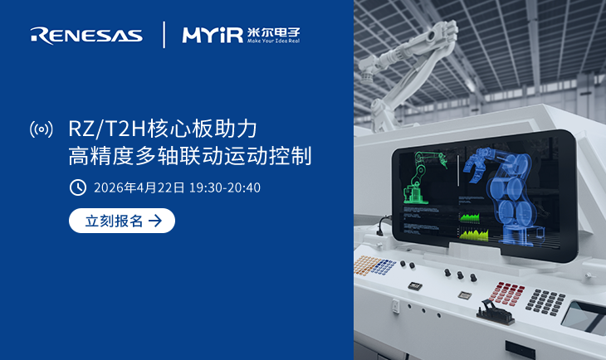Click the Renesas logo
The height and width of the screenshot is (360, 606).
point(86,35)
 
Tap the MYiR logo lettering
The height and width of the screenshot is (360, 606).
point(212,35)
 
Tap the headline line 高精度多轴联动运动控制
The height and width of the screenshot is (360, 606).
point(190,156)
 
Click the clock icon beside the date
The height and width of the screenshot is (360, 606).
point(77,187)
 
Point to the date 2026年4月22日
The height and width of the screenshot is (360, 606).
point(139,187)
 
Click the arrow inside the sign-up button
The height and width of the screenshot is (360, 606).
point(155,221)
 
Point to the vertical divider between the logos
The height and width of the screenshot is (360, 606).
point(164,35)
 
